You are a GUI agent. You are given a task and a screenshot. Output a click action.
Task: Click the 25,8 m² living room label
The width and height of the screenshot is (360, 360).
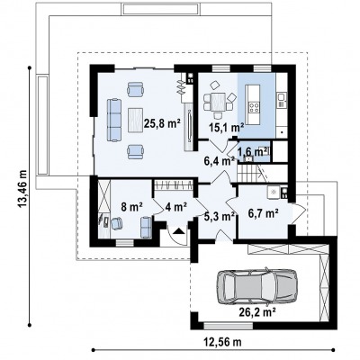coord(162,123)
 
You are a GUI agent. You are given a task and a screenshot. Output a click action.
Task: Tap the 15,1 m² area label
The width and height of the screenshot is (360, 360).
coord(226,128)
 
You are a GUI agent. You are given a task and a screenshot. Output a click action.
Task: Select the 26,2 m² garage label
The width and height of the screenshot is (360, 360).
coord(258,312)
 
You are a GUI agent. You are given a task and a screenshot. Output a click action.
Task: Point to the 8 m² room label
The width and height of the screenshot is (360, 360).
coord(131,207)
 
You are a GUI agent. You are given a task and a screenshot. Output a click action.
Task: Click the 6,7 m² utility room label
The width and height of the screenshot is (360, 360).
coord(263,213)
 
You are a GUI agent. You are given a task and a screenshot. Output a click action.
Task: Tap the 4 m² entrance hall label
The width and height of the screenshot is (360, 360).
coord(176,207)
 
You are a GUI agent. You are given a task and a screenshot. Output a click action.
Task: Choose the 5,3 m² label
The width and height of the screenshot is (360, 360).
coord(220,216)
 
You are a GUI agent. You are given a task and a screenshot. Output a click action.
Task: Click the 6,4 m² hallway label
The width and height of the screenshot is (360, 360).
coord(219,161)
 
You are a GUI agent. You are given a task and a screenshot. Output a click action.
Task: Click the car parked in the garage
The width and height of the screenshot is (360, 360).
coord(257,284)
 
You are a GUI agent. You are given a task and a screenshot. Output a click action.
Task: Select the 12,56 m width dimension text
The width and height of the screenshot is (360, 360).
coord(223,341)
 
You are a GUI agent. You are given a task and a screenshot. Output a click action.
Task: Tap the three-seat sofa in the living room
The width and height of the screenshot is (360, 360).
coord(114,120)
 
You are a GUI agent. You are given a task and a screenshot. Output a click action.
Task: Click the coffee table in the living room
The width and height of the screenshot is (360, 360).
coord(136,120)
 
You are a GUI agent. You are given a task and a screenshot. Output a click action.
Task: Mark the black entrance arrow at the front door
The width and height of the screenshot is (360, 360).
coord(179,230)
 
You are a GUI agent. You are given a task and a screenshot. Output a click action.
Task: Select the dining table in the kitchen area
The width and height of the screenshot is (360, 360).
coord(218,102)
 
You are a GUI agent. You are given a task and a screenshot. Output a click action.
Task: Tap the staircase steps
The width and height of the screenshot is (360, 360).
coord(248,173)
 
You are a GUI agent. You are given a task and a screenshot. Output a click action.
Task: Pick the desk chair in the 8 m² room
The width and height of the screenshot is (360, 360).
coord(116,223)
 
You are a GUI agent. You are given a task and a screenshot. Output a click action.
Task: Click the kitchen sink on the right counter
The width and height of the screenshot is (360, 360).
coord(281,100)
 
